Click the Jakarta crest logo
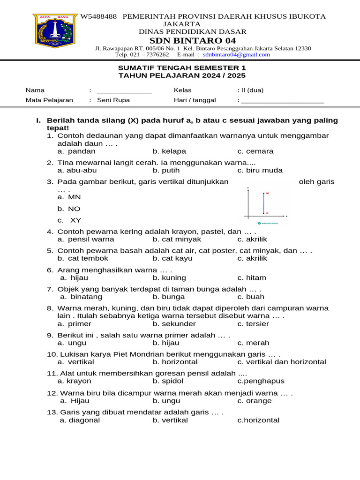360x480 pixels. pyautogui.click(x=55, y=34)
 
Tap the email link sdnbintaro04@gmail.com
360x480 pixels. pyautogui.click(x=236, y=54)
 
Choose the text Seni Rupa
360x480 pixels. pyautogui.click(x=113, y=100)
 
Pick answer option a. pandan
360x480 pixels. pyautogui.click(x=76, y=151)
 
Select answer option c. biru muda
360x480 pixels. pyautogui.click(x=260, y=171)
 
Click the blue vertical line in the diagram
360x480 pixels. pyautogui.click(x=263, y=202)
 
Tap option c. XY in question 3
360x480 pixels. pyautogui.click(x=69, y=220)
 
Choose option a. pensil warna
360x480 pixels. pyautogui.click(x=86, y=239)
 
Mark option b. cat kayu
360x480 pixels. pyautogui.click(x=172, y=258)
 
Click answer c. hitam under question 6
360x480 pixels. pyautogui.click(x=252, y=277)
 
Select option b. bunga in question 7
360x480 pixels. pyautogui.click(x=169, y=297)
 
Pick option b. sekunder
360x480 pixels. pyautogui.click(x=174, y=324)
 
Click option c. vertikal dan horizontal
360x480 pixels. pyautogui.click(x=282, y=362)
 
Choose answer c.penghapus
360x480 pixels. pyautogui.click(x=261, y=381)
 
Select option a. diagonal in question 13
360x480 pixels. pyautogui.click(x=80, y=420)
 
